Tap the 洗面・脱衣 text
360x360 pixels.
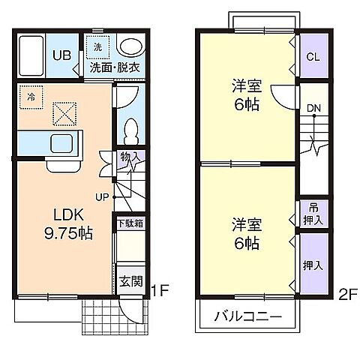pyautogui.click(x=115, y=67)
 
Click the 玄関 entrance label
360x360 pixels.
pyautogui.click(x=130, y=281)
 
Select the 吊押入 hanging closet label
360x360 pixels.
pyautogui.click(x=313, y=213)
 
